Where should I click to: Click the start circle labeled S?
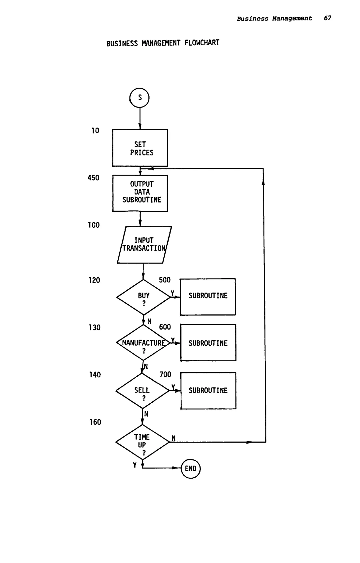[x=140, y=98]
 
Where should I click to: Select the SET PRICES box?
[x=140, y=148]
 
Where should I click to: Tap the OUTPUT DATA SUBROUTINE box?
[x=140, y=193]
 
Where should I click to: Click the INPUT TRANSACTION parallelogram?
[x=144, y=245]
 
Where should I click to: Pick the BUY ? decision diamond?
[x=143, y=297]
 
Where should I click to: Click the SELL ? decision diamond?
[x=142, y=391]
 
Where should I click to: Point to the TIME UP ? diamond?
[x=142, y=442]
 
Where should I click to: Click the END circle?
[x=191, y=469]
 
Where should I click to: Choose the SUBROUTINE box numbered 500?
[x=208, y=297]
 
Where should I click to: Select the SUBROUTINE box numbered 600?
[x=208, y=343]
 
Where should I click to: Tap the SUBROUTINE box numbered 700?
[x=208, y=391]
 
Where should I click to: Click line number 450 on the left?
[x=93, y=178]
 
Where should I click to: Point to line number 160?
[x=95, y=422]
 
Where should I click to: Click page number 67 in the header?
[x=327, y=18]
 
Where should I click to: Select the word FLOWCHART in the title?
[x=202, y=43]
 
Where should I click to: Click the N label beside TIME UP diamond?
[x=173, y=439]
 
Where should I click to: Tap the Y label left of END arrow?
[x=135, y=465]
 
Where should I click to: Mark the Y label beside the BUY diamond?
[x=172, y=294]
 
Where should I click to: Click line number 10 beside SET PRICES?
[x=95, y=131]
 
